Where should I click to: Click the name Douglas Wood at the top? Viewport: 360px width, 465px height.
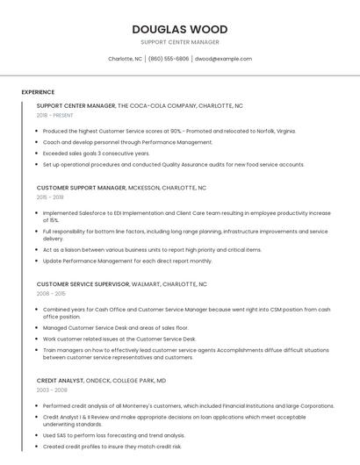[180, 29]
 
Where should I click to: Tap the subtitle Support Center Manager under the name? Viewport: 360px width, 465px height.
[180, 42]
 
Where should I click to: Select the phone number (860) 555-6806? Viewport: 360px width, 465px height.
[169, 59]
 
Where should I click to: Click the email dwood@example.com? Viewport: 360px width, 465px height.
[223, 59]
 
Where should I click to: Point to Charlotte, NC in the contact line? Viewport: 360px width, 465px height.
[125, 59]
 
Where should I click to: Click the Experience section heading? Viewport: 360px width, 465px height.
[38, 92]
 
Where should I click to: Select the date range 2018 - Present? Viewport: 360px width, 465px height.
[54, 115]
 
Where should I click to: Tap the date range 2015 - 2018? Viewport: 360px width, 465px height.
[49, 197]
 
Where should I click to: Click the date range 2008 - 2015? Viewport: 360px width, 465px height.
[50, 294]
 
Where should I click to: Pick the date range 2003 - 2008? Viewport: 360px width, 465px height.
[51, 390]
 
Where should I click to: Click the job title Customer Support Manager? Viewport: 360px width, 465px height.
[82, 188]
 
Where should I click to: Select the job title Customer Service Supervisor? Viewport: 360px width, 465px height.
[83, 284]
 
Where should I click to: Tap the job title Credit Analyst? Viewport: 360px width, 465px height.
[60, 381]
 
